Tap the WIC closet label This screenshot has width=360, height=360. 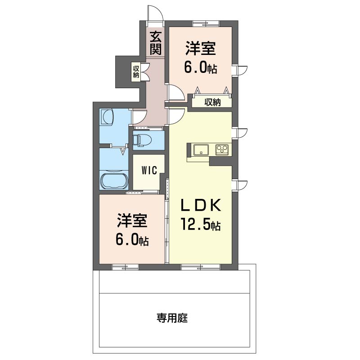coord(149,170)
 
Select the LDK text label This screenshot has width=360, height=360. coord(201,205)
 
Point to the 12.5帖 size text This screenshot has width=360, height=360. coord(201,224)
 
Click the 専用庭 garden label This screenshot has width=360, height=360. coord(172,318)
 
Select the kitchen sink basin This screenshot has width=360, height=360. coord(201,150)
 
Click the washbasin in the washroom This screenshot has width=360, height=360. coord(107,117)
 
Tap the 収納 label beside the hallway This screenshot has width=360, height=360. coord(136,72)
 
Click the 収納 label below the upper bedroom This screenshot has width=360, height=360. coord(212,102)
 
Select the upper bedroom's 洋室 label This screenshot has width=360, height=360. coord(200,48)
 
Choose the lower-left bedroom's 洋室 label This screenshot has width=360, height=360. coord(132,220)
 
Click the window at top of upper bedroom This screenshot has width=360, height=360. coord(206,23)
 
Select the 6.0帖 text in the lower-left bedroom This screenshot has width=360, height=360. coord(132,240)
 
